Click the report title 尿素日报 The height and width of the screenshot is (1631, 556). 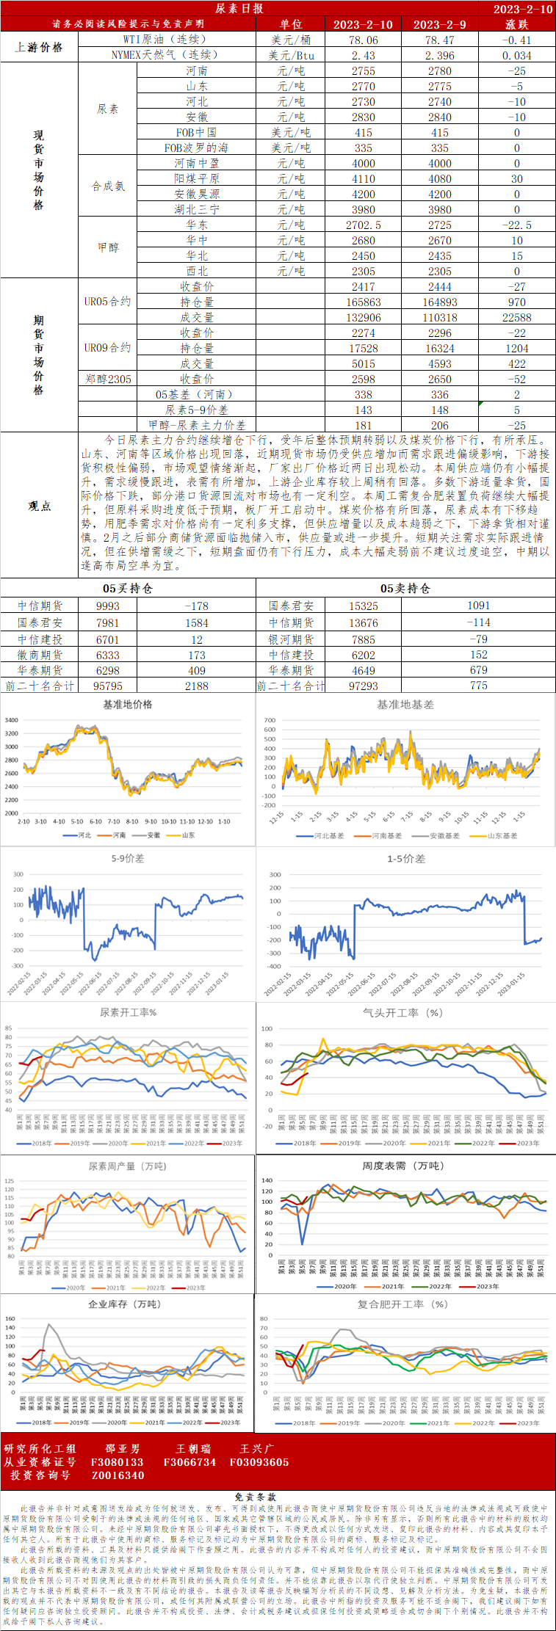click(x=239, y=9)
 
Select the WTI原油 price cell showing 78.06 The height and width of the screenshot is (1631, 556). click(x=363, y=40)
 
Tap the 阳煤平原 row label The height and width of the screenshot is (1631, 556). click(x=196, y=179)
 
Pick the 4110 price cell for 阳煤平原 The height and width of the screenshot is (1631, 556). click(x=363, y=179)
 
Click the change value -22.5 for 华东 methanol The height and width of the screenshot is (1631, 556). click(x=516, y=225)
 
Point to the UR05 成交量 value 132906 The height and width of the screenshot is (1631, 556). click(x=363, y=318)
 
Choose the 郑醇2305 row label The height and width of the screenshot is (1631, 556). click(x=108, y=379)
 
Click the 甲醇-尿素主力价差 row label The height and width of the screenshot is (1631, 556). click(x=197, y=426)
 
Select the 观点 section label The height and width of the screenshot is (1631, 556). click(x=39, y=506)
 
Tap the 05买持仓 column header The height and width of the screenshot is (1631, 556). click(x=128, y=589)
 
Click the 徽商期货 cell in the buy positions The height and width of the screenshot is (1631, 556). click(x=40, y=655)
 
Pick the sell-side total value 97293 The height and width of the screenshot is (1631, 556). click(x=363, y=686)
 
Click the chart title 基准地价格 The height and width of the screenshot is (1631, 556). click(x=128, y=705)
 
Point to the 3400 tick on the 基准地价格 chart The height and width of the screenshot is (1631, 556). click(x=11, y=720)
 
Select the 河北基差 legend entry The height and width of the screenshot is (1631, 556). click(x=321, y=835)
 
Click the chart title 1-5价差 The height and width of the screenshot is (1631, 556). click(x=406, y=859)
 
